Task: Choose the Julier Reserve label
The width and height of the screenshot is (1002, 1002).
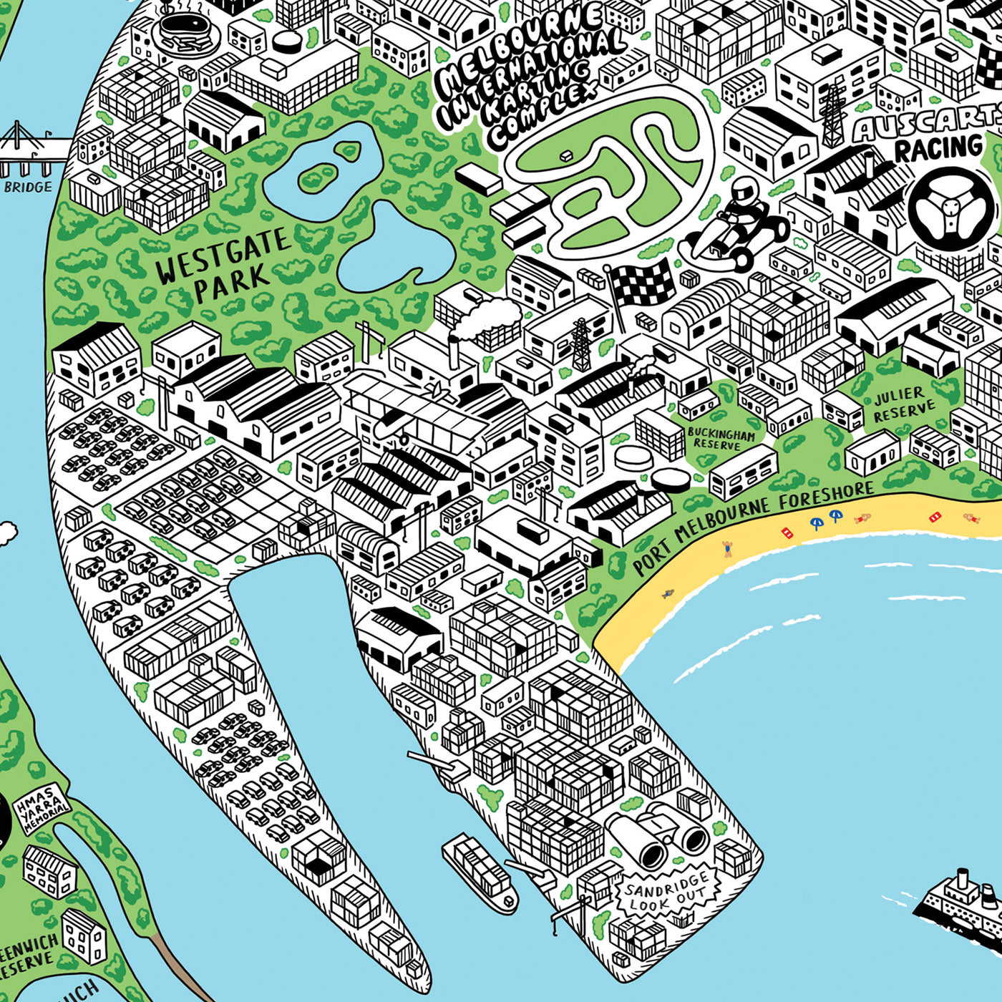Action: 903,405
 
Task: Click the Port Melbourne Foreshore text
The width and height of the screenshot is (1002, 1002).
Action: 751,528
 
